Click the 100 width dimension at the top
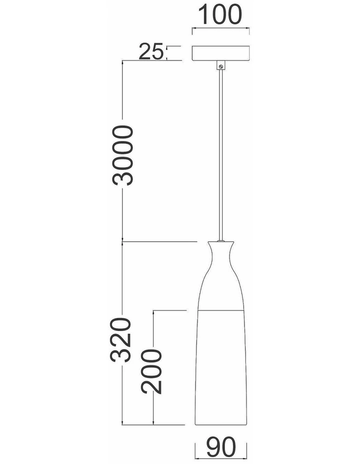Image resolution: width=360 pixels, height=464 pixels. pos(220,15)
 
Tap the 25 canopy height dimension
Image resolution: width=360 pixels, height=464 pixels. pos(151,51)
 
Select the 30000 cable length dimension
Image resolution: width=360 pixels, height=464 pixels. pos(122,155)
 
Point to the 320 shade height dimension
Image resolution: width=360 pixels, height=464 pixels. pos(120,340)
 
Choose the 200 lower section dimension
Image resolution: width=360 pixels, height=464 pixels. pos(151,371)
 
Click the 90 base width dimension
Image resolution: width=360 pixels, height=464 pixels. pos(220,447)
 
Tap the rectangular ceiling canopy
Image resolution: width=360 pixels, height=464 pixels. pos(220,53)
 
